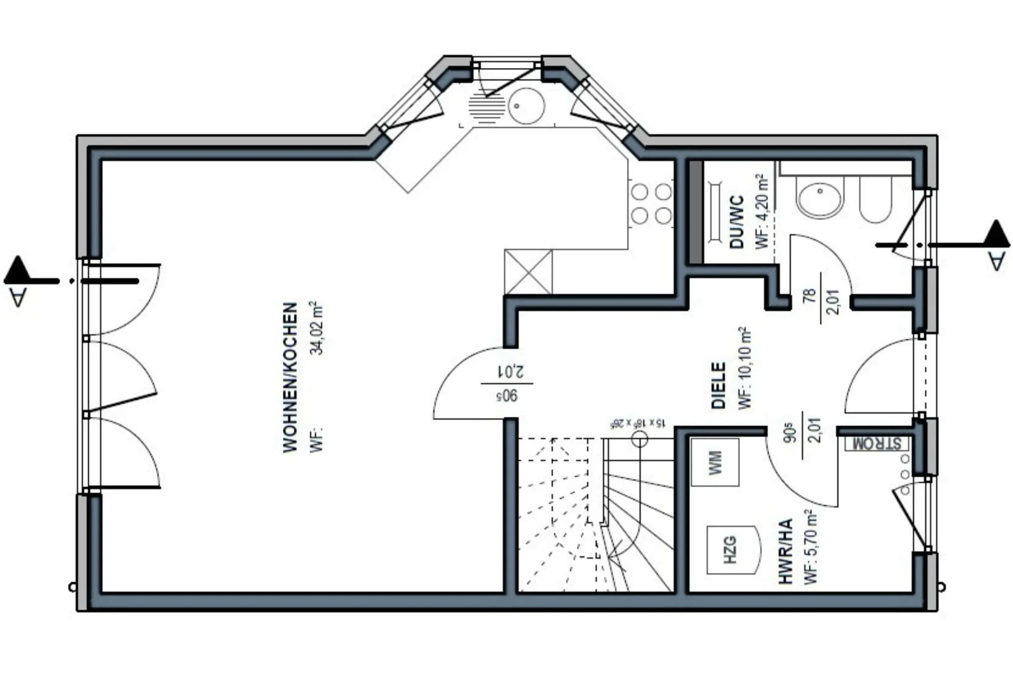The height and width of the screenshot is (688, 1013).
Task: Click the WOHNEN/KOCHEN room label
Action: point(290,377)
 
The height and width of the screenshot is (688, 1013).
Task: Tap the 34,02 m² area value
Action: point(317,328)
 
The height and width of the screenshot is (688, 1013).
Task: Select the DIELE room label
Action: point(718,385)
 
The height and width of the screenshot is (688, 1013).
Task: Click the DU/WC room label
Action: point(737,222)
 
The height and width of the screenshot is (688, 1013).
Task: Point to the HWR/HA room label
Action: point(785,551)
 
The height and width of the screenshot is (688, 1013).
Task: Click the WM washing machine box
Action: point(715,462)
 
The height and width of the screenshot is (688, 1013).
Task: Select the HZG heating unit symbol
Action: point(730,550)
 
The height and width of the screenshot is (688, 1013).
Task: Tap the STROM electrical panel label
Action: point(877,444)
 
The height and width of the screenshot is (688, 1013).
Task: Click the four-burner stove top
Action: point(652,203)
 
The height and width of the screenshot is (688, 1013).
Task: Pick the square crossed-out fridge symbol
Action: point(528,272)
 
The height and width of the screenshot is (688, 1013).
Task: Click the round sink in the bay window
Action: point(526,106)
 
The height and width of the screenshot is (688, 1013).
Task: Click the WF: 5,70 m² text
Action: point(810,547)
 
